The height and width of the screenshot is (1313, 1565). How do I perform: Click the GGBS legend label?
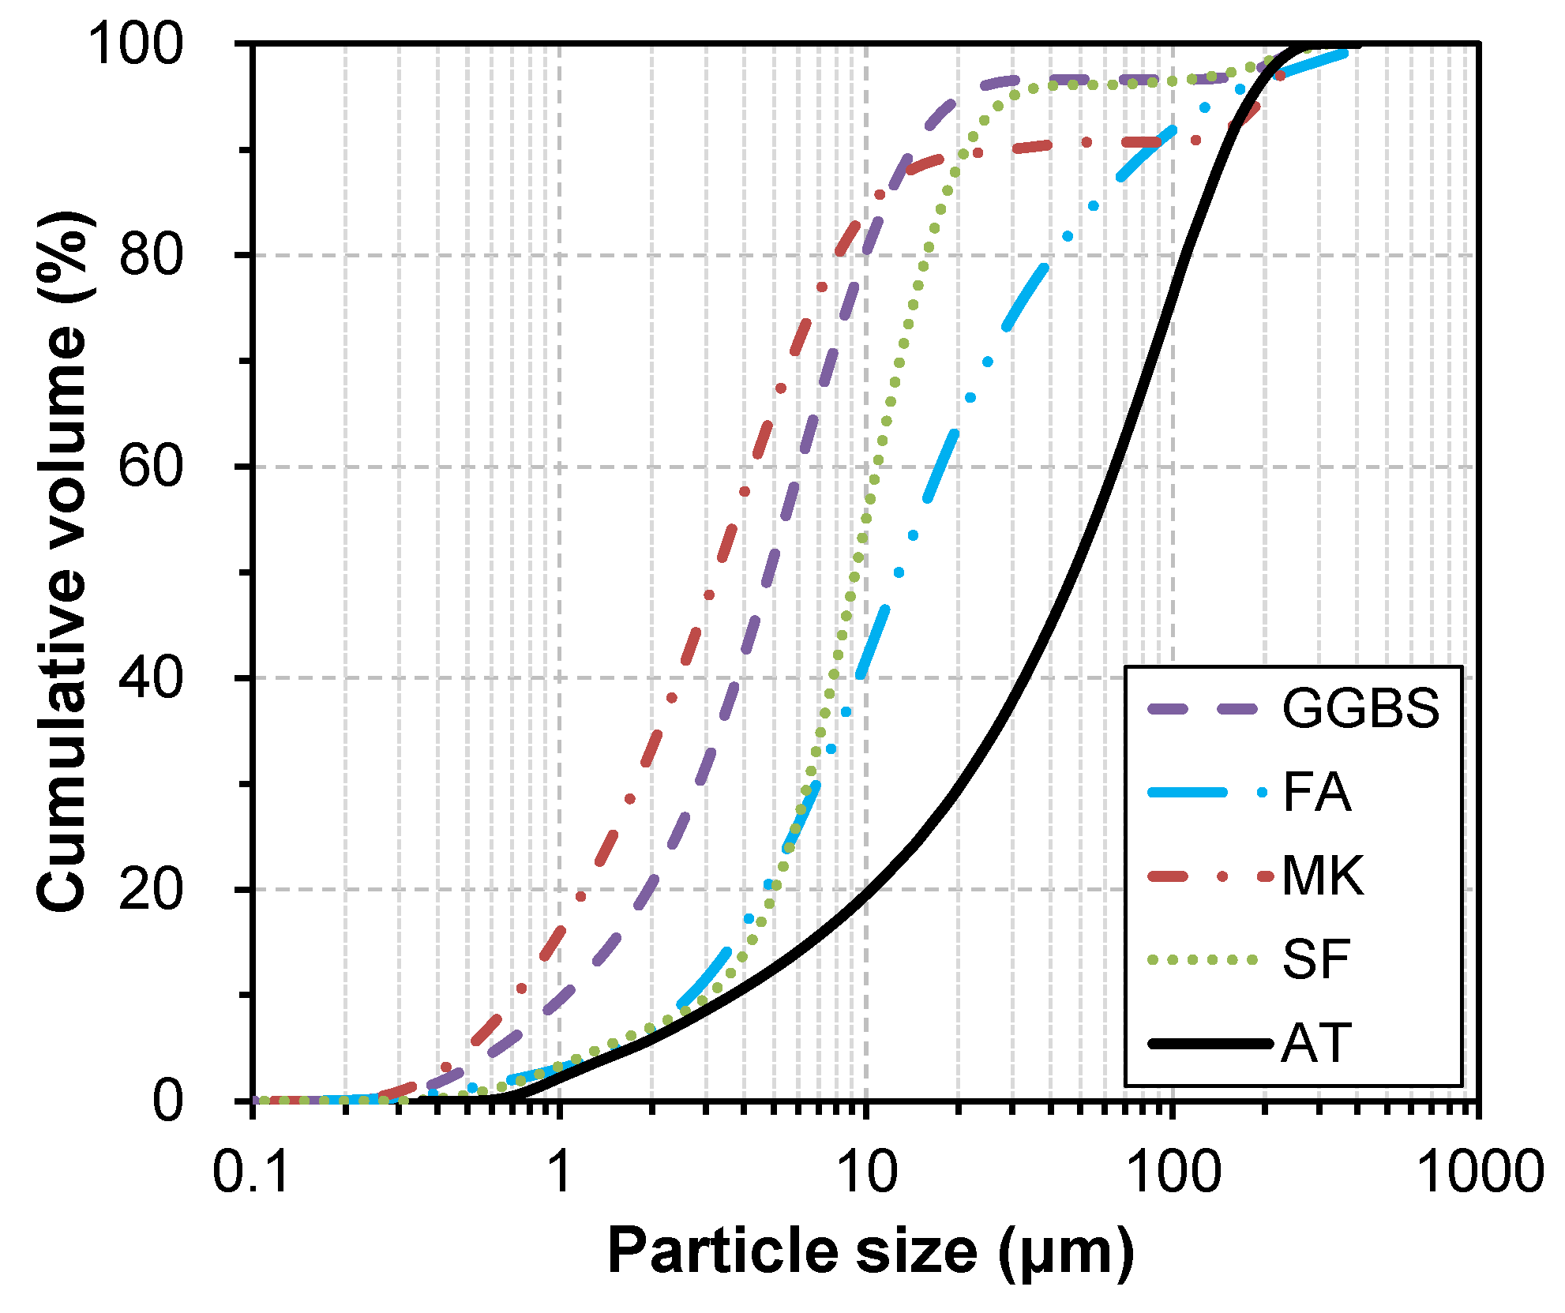(1360, 708)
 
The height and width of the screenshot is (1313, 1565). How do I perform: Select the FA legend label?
(1316, 792)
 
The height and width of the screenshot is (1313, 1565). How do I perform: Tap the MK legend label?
(1323, 876)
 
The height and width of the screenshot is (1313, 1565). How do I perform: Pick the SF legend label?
(1316, 959)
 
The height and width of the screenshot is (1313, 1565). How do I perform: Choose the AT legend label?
(1316, 1043)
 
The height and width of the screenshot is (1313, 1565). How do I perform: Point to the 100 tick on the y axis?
(135, 43)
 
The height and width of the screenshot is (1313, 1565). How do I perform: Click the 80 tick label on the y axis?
(151, 255)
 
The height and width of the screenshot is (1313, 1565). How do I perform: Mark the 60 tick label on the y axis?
(151, 466)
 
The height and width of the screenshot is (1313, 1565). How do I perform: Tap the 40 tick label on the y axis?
(151, 677)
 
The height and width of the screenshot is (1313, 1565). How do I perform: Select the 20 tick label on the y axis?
(151, 889)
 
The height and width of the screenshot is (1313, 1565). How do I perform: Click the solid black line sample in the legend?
(1209, 1043)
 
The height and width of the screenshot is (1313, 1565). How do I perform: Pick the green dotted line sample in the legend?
(1202, 959)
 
